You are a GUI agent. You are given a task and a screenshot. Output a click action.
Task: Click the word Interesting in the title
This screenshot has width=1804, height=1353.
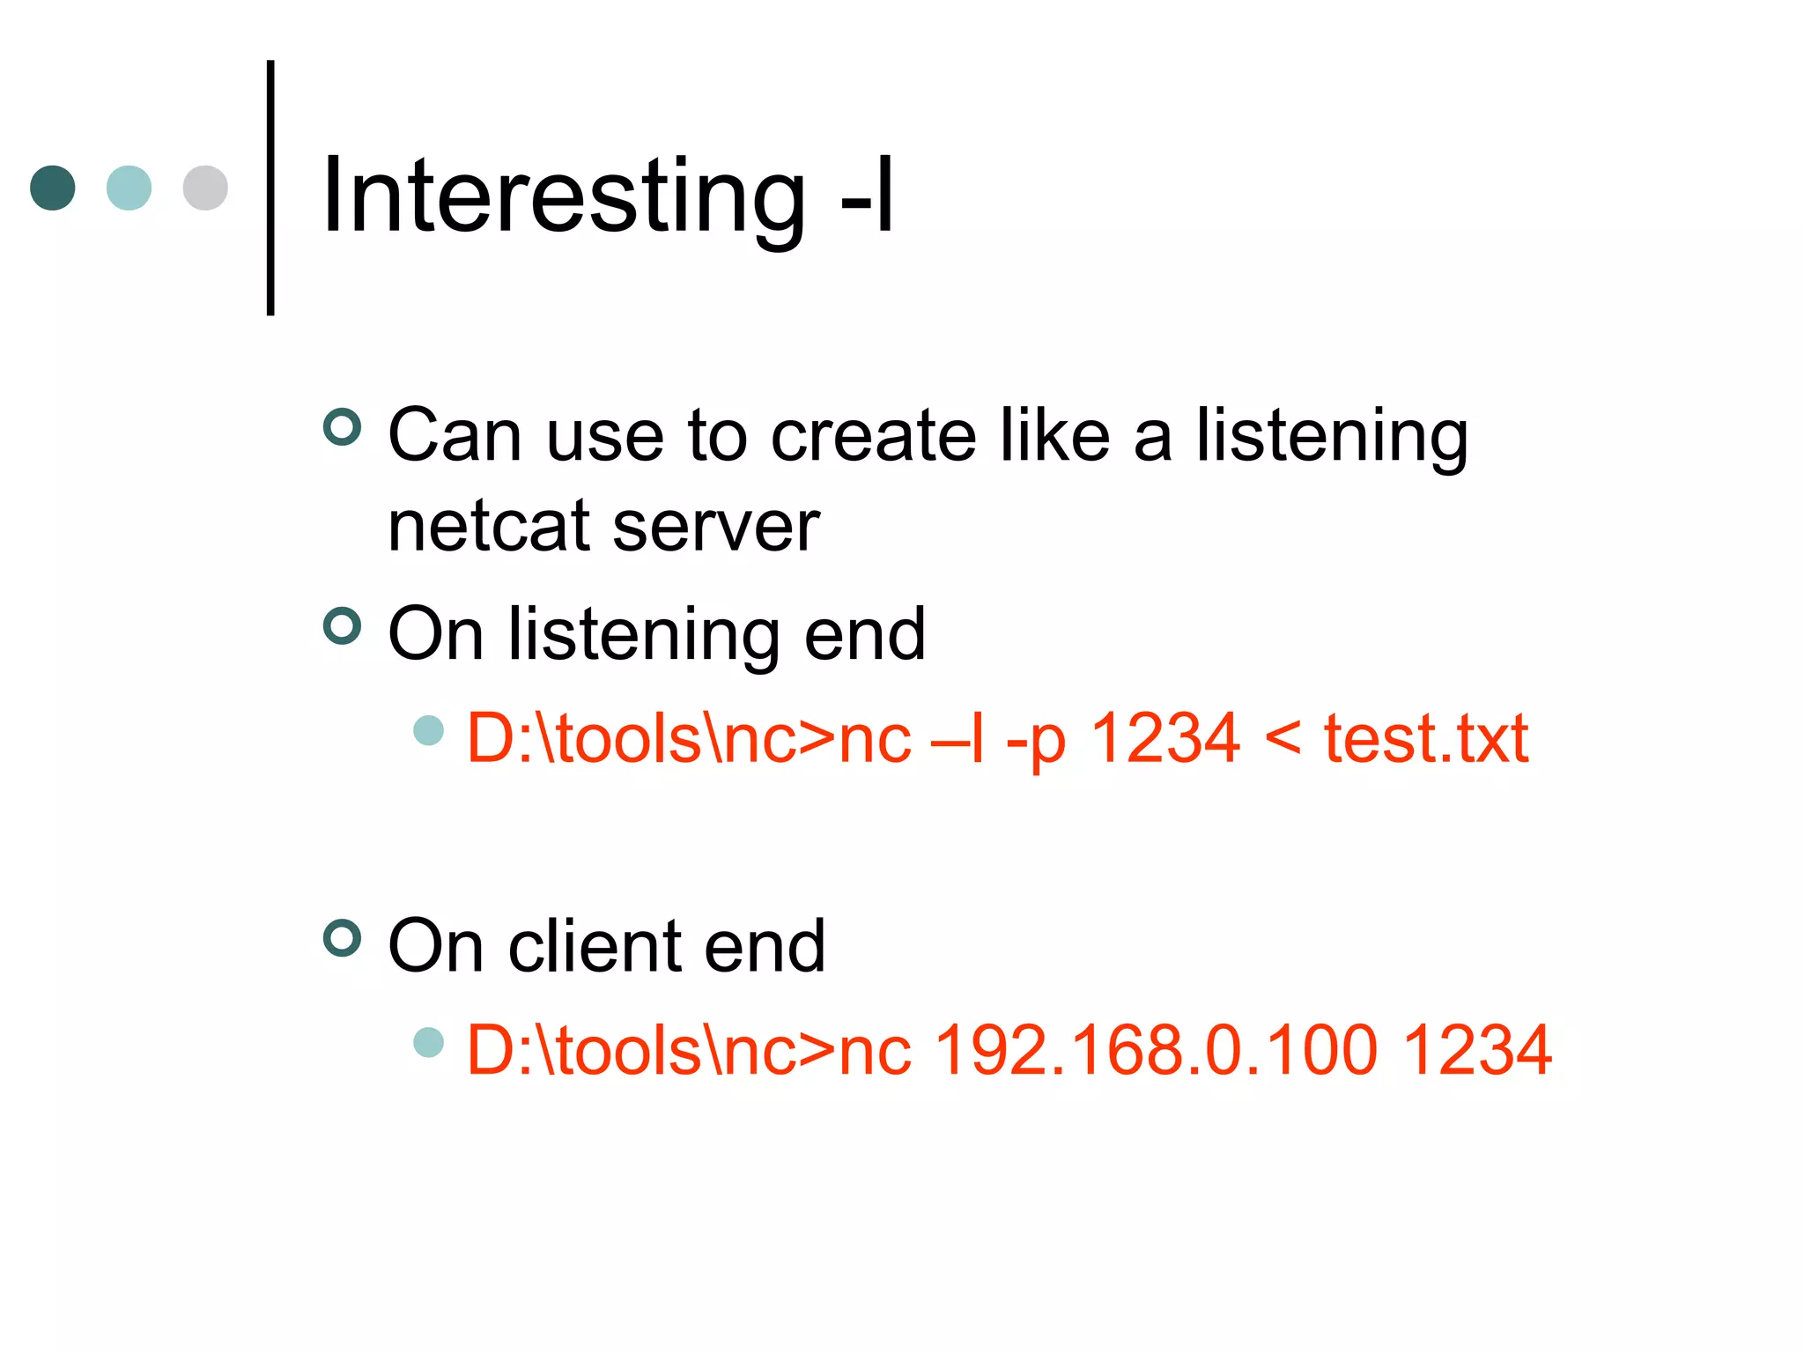tap(564, 196)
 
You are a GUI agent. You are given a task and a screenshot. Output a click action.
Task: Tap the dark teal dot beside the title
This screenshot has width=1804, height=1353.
tap(53, 188)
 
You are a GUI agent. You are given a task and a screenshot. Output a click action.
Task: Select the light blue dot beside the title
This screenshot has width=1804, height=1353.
tap(129, 188)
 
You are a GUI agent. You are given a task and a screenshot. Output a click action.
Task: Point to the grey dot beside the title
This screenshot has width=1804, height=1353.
tap(205, 188)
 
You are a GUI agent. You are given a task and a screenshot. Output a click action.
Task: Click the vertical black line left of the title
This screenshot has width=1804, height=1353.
tap(270, 187)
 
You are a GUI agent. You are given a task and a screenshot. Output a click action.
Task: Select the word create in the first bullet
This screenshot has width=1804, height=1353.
tap(873, 435)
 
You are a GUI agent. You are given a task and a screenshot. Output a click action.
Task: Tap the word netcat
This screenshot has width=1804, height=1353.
tap(488, 527)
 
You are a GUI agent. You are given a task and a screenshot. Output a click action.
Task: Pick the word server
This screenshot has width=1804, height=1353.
tap(715, 527)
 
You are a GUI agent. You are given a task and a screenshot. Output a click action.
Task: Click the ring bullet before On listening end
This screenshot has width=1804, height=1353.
tap(343, 626)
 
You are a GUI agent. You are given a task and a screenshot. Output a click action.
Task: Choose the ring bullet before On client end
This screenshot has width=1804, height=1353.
tap(343, 938)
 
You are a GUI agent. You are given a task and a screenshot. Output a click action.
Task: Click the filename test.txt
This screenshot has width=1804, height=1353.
tap(1426, 738)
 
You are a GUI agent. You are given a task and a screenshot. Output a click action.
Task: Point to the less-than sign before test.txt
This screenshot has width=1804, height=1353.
tap(1283, 738)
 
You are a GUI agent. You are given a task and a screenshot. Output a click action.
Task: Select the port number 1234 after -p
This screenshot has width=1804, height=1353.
tap(1164, 738)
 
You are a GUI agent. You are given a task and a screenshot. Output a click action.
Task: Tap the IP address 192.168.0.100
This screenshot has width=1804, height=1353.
tap(1155, 1050)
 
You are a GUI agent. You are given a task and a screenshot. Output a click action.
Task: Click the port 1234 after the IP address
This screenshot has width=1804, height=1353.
tap(1476, 1050)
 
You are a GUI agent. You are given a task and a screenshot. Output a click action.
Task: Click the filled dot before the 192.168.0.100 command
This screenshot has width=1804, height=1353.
tap(429, 1042)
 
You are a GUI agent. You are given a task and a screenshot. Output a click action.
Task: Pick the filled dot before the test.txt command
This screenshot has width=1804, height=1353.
tap(429, 730)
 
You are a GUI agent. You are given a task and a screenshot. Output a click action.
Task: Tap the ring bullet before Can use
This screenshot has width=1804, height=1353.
tap(343, 427)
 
